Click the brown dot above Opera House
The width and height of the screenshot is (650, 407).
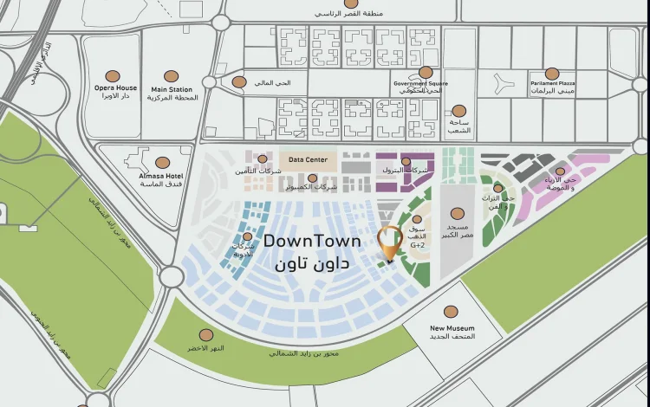click(x=112, y=76)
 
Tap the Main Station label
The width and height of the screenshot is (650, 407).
click(x=172, y=88)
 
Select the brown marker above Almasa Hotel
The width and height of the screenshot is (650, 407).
click(x=162, y=162)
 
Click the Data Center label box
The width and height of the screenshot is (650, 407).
click(x=308, y=160)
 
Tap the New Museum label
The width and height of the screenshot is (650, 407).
click(x=452, y=328)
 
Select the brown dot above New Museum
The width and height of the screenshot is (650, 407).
click(x=451, y=312)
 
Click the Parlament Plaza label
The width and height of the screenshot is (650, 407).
click(x=553, y=84)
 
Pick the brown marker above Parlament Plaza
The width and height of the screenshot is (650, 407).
click(x=552, y=74)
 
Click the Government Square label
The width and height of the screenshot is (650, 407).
click(x=419, y=84)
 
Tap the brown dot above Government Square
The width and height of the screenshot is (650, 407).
click(x=426, y=73)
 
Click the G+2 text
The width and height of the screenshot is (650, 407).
click(x=418, y=245)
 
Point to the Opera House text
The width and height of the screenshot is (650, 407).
click(x=115, y=88)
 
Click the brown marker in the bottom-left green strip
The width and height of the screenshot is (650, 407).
click(x=206, y=335)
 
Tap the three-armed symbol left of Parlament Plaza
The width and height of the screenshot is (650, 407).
click(x=503, y=83)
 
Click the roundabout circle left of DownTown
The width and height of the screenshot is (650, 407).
click(x=171, y=276)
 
